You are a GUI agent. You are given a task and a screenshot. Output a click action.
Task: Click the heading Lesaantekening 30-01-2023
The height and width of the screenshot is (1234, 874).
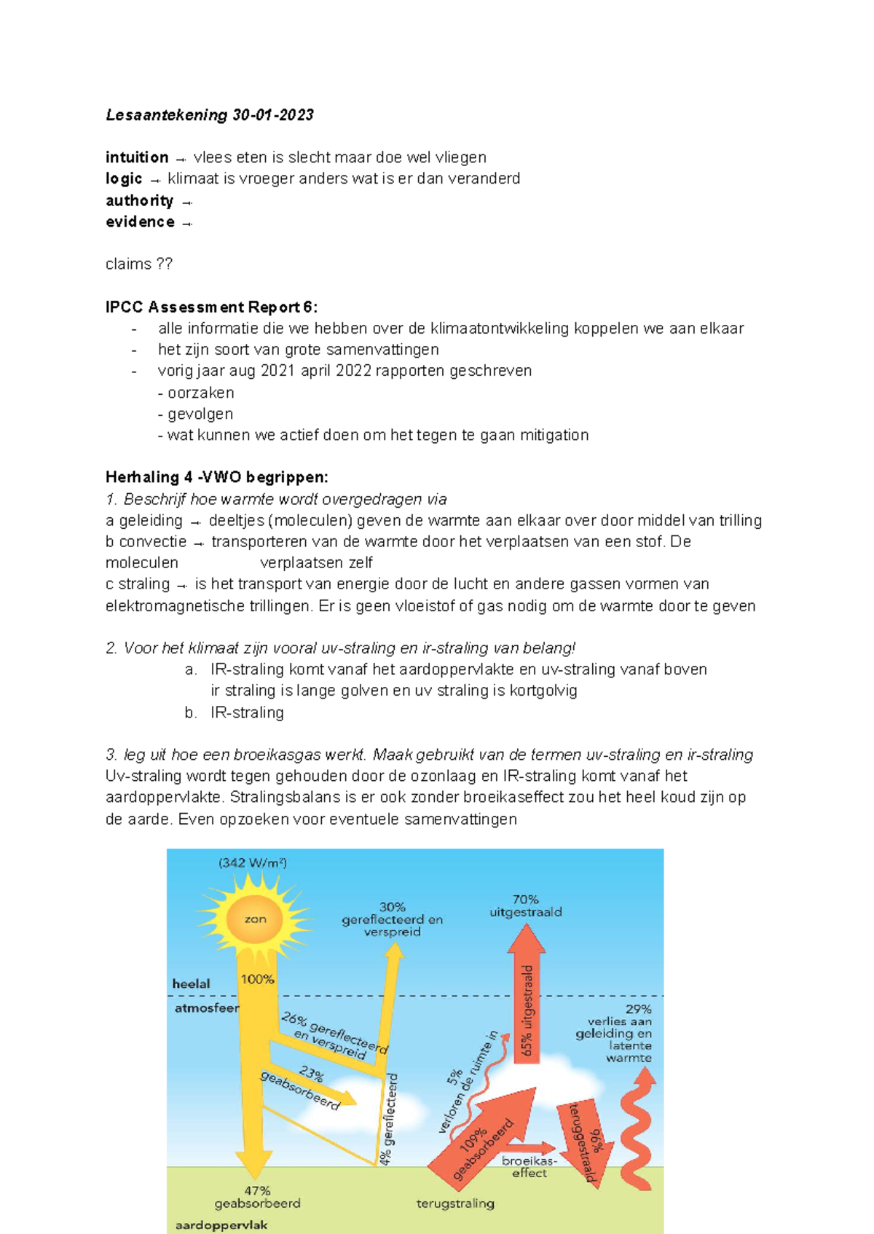[x=210, y=115]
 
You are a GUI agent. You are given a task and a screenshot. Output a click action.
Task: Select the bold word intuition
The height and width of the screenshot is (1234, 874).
[x=137, y=157]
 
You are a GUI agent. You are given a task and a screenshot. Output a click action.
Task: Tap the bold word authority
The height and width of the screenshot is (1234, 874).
[x=139, y=200]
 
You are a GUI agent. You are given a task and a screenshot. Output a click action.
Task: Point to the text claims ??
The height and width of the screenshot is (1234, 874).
[x=139, y=264]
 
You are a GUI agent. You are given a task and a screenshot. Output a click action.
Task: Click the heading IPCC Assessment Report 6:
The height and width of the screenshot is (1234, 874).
[x=211, y=307]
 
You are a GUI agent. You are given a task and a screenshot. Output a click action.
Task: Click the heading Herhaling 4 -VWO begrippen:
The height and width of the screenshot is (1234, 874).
[x=216, y=477]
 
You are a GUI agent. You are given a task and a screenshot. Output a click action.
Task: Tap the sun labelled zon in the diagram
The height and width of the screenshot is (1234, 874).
[x=256, y=919]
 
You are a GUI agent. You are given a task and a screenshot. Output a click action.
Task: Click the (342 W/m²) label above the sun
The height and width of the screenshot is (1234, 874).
[x=253, y=863]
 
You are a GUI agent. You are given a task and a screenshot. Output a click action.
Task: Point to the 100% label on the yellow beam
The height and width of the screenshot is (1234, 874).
[x=257, y=980]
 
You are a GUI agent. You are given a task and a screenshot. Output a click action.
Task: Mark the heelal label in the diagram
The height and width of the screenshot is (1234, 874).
[x=191, y=984]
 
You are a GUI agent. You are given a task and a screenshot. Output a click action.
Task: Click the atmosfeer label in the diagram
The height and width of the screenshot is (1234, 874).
[x=206, y=1009]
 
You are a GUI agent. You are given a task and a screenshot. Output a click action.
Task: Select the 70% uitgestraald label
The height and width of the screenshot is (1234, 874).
[x=525, y=905]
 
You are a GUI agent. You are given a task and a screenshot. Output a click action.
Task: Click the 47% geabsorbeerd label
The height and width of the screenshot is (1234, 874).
[x=257, y=1197]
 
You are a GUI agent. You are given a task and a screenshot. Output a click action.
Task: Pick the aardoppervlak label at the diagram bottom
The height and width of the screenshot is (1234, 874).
[x=221, y=1225]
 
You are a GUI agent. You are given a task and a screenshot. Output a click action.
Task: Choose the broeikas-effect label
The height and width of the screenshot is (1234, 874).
[x=529, y=1166]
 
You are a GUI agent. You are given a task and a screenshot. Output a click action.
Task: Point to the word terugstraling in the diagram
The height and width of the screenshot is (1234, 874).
[x=455, y=1203]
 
